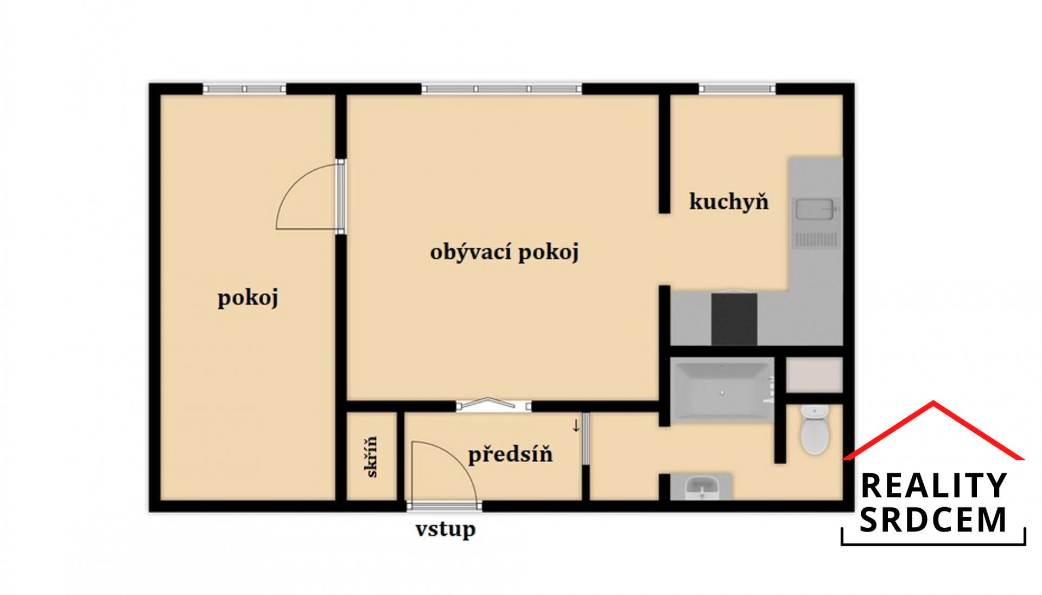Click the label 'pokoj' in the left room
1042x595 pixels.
pos(248,298)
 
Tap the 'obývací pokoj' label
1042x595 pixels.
pos(505,252)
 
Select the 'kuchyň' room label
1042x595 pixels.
pos(729,201)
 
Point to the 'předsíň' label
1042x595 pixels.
pos(510,454)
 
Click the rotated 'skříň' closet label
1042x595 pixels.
pos(371,457)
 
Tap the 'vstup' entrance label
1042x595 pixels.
pos(446,529)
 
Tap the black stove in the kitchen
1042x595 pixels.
pos(734,319)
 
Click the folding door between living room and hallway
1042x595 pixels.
pos(493,405)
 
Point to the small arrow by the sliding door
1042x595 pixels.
pos(576,426)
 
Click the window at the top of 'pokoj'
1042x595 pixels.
pos(244,88)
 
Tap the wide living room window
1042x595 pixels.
pos(501,88)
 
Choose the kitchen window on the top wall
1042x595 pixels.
pos(737,88)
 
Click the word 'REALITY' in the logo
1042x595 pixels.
pos(933,485)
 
